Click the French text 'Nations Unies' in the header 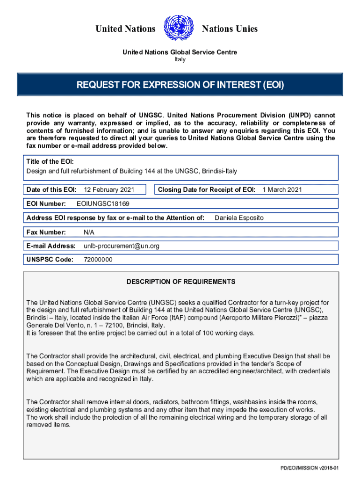pos(230,29)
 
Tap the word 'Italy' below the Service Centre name pos(180,59)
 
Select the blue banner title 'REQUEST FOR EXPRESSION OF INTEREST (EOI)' pos(180,85)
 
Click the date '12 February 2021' pos(108,189)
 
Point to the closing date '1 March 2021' pos(282,189)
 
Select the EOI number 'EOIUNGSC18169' pos(103,204)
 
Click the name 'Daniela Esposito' pos(239,218)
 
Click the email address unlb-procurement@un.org pos(121,246)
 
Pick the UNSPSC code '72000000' pos(98,260)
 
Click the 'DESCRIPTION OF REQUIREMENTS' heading pos(180,282)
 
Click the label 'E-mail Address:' pos(51,246)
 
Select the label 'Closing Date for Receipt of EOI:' pos(206,189)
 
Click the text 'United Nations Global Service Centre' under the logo pos(180,52)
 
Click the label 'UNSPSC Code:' pos(50,260)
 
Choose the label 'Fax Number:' pos(46,232)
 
